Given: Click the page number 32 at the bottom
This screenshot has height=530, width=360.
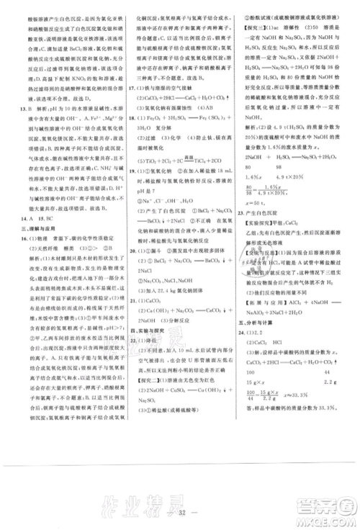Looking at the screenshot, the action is coord(180,516).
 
